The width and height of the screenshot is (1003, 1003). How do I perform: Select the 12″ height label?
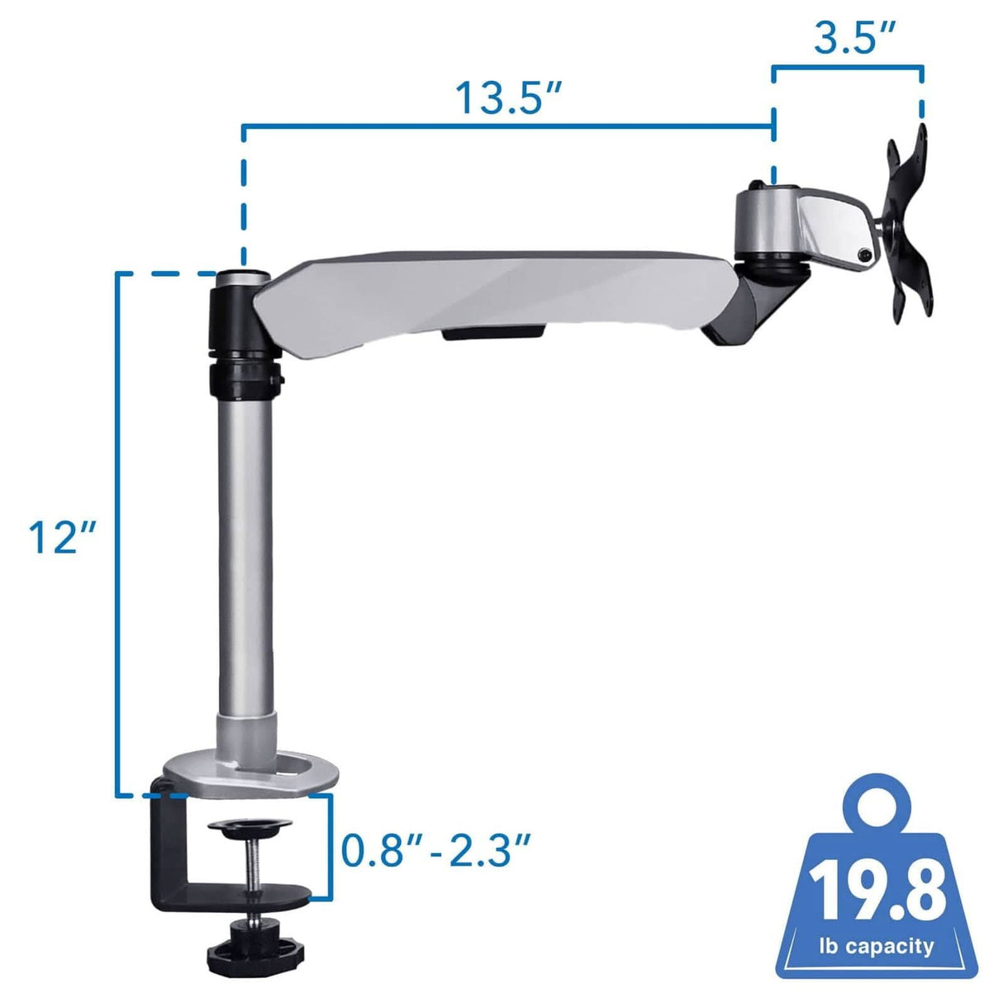click(62, 536)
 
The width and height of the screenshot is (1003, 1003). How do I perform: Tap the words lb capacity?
click(877, 946)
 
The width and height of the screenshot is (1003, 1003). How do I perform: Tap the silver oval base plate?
click(252, 773)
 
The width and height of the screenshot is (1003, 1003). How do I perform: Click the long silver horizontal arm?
click(496, 297)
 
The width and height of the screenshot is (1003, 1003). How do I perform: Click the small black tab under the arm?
click(493, 333)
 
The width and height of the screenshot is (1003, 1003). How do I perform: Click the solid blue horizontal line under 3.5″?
click(848, 68)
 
